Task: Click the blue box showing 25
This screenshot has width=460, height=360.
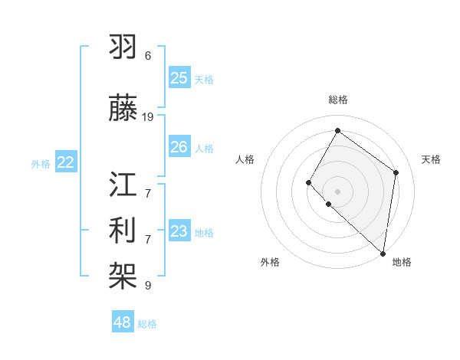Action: coord(179,78)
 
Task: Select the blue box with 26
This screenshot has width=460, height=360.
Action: coord(179,147)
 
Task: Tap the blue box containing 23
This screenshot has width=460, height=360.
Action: coord(179,231)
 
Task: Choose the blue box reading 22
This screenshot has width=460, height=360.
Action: coord(66,162)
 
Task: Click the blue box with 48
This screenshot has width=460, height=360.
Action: coord(123,322)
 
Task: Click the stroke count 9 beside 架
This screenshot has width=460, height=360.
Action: coord(148,286)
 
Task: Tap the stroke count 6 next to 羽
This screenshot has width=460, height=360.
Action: coord(148,56)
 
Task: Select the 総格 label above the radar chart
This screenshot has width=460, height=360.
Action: coord(337,100)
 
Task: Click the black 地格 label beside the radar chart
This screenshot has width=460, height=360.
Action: coord(402,262)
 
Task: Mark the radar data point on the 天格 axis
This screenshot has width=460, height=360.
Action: coord(396,172)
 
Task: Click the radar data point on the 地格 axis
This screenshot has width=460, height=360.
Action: coord(383,254)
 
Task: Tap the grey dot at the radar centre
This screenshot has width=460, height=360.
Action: coord(337,191)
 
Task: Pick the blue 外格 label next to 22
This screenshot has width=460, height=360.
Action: coord(41,163)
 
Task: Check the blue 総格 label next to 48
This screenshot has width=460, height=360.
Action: coord(147,324)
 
